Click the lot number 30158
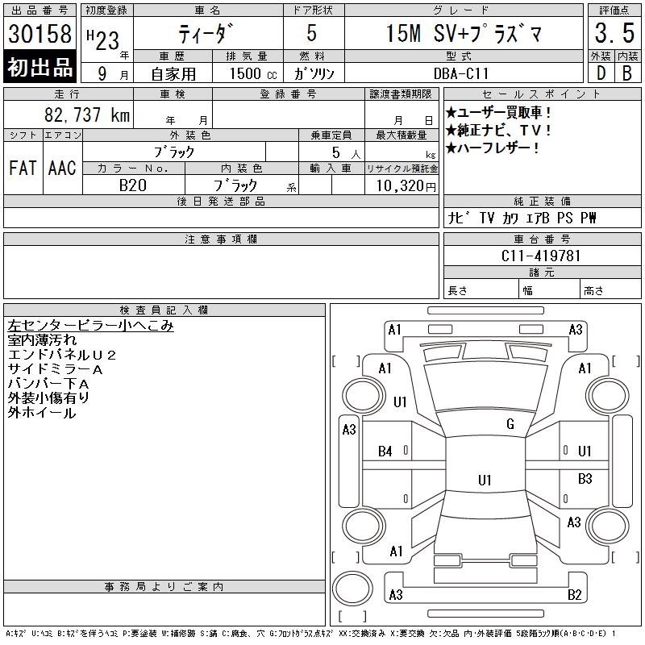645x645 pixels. [x=40, y=33]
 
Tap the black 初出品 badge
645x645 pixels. [x=40, y=67]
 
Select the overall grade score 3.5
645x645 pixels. [x=614, y=33]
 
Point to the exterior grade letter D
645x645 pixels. [x=601, y=73]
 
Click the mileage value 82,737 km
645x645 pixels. [x=87, y=114]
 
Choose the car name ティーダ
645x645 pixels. [x=206, y=33]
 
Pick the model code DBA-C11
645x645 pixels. [x=461, y=73]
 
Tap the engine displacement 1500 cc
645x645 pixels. [x=253, y=73]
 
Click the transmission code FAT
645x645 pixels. [x=23, y=168]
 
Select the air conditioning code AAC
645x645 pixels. [x=62, y=168]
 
